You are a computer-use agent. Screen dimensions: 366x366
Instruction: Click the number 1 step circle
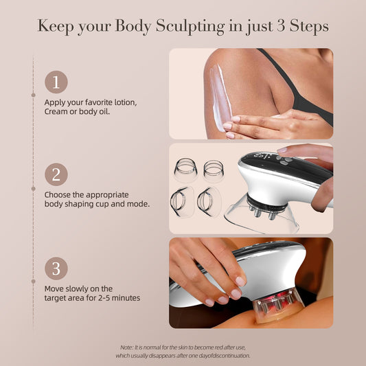tap(56, 82)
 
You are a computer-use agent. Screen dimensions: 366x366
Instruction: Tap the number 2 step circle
tap(56, 174)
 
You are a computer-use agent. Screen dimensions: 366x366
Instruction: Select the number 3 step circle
tap(56, 268)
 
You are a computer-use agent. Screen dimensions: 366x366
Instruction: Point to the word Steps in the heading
tap(309, 26)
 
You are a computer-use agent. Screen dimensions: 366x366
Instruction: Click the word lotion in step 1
tap(126, 102)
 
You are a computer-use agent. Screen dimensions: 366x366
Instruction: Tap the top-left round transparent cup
tap(185, 170)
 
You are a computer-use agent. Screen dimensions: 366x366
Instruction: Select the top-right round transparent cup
tap(214, 170)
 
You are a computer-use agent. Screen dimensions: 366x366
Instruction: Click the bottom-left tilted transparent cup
tap(182, 202)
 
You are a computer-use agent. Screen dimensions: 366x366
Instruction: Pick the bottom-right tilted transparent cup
tap(209, 202)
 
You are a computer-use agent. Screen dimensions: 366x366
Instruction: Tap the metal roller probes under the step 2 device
tap(262, 211)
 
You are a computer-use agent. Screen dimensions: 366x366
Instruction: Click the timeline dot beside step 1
tap(33, 95)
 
